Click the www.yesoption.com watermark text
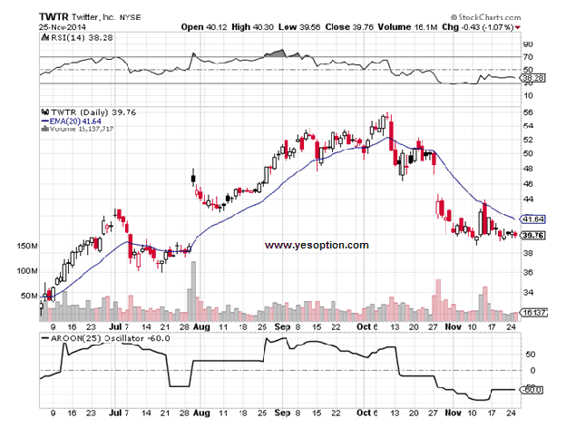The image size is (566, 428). (x=317, y=245)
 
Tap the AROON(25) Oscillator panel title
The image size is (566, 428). (x=96, y=338)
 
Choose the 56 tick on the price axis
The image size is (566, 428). (x=529, y=112)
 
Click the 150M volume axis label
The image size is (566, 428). (x=27, y=247)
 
